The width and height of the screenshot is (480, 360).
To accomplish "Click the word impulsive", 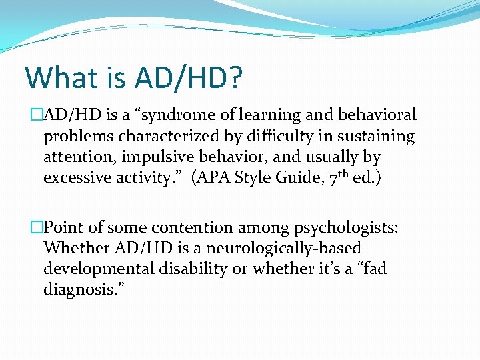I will tap(165, 158).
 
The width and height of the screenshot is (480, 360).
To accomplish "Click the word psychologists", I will tap(344, 228).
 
